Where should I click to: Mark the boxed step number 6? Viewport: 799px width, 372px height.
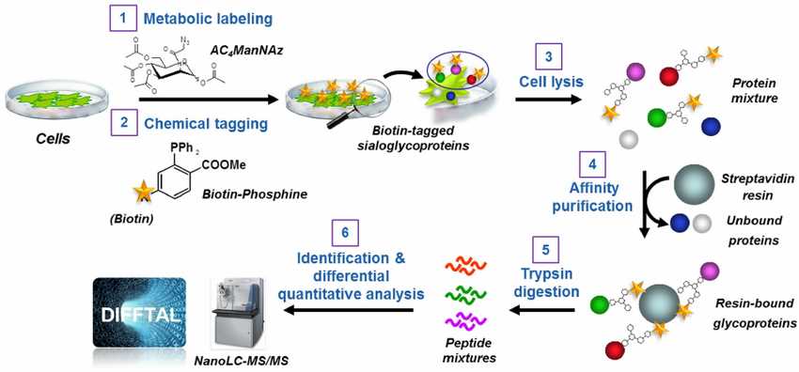click(x=346, y=231)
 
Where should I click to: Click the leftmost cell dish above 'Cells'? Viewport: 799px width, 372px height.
click(x=53, y=97)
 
